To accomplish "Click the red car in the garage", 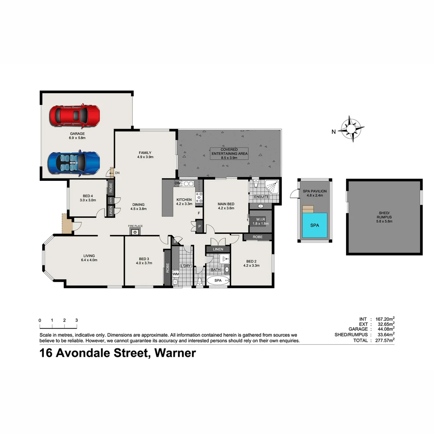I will click(74, 115).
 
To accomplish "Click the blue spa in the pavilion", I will click(315, 225).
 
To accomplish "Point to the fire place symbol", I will click(135, 231).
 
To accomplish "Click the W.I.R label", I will click(261, 219).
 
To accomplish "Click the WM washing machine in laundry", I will click(176, 274).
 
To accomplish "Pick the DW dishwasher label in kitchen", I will click(177, 184).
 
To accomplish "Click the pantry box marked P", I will click(199, 226).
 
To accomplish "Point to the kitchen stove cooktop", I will click(199, 197).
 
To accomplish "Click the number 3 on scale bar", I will click(76, 320).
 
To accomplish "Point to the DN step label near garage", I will click(117, 173).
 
